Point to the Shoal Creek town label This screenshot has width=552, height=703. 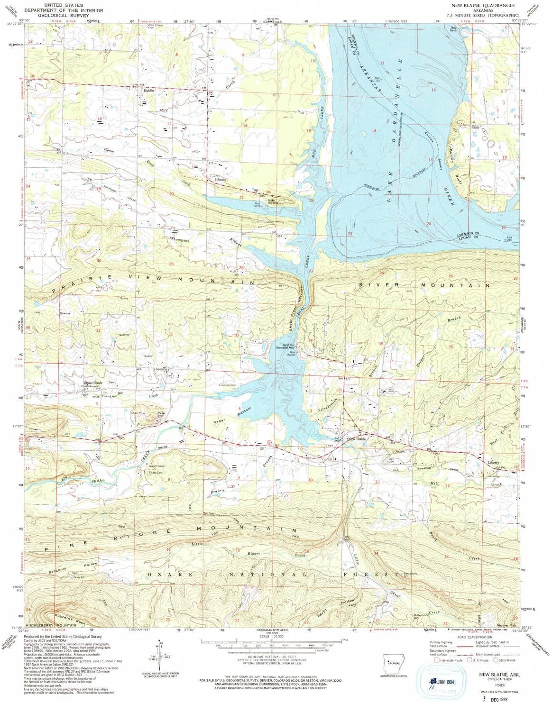click(93, 383)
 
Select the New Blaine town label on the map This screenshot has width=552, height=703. click(357, 439)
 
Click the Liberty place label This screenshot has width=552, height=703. click(493, 462)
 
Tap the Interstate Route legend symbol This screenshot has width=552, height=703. click(436, 660)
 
